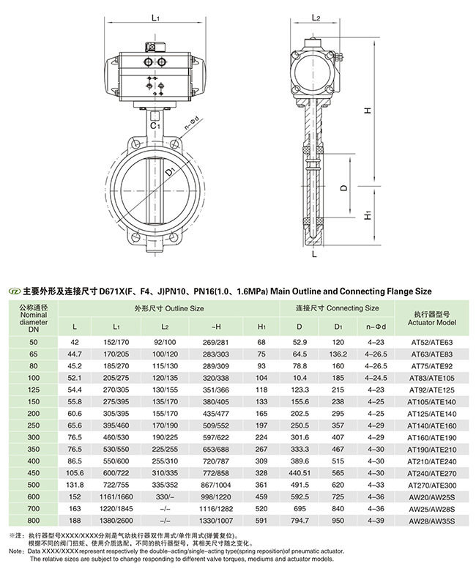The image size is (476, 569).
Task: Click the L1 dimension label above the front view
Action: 157,15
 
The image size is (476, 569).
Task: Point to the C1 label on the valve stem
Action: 155,127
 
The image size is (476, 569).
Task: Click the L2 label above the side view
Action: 316,15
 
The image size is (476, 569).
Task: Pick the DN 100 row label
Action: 32,376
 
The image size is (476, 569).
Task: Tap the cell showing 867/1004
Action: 221,484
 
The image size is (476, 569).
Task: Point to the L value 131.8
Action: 74,484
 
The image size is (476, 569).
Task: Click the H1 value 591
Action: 261,519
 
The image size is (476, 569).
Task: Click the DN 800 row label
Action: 32,519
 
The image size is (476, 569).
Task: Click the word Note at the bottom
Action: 15,551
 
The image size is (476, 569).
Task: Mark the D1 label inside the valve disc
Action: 170,172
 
